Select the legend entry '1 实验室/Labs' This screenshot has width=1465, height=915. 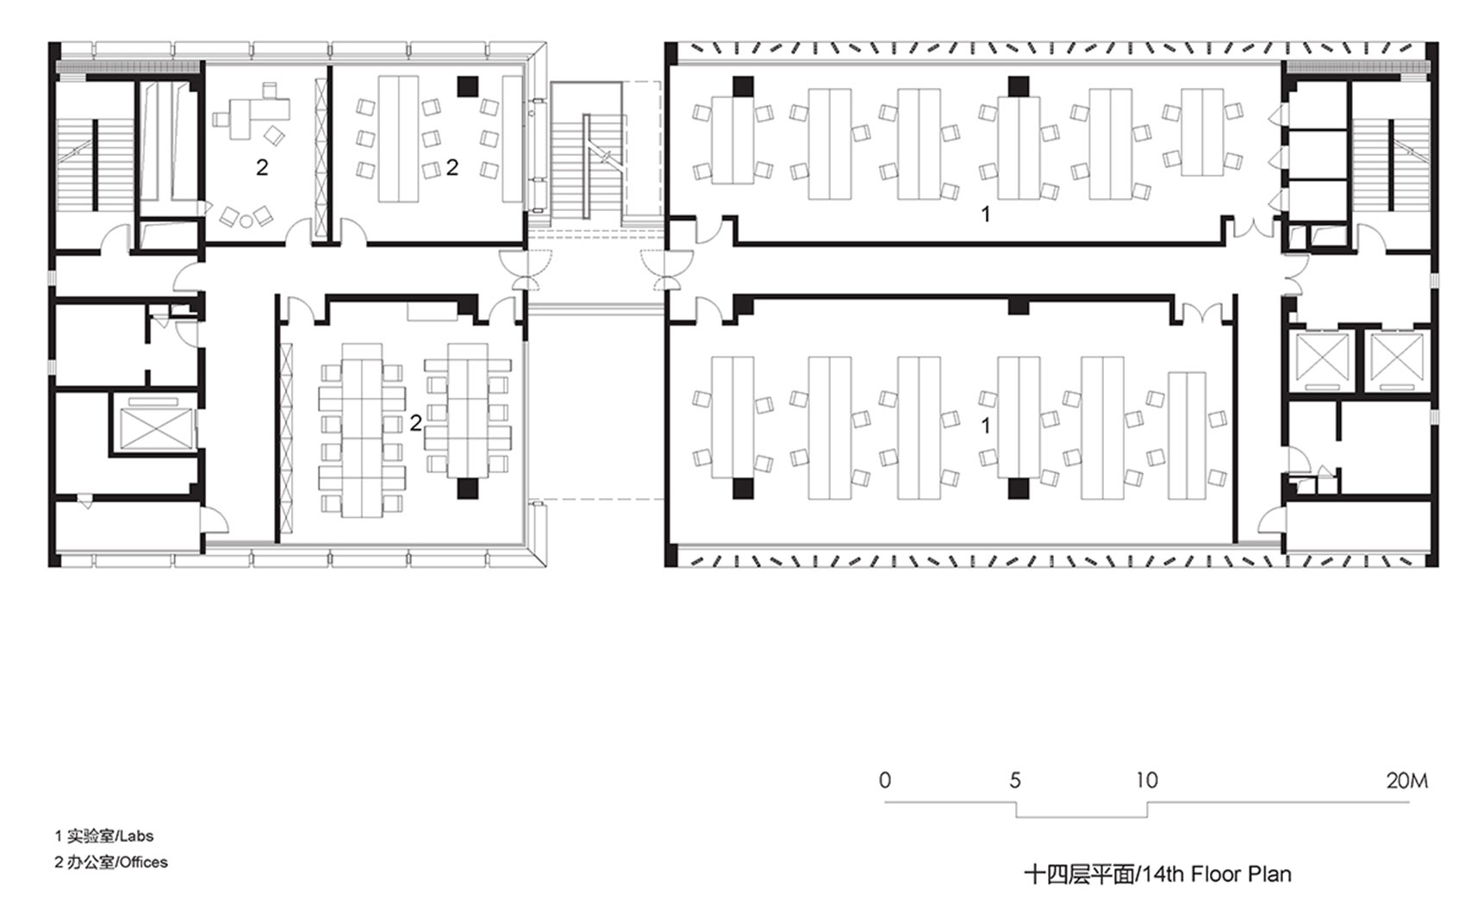(x=104, y=836)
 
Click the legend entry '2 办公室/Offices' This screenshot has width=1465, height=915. (x=111, y=862)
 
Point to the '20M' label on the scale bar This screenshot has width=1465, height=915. (x=1406, y=781)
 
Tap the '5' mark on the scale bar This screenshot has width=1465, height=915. (x=1015, y=781)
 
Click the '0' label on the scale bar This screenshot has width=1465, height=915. (x=885, y=781)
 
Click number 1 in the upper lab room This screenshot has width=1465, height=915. (x=986, y=214)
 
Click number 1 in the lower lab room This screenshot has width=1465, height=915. (x=986, y=426)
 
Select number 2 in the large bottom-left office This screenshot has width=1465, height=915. (x=415, y=423)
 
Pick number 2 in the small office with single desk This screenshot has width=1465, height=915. (x=262, y=167)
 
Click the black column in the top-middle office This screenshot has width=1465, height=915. (x=467, y=85)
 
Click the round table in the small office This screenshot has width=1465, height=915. (x=246, y=221)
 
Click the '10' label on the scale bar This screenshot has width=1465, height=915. (x=1146, y=781)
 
